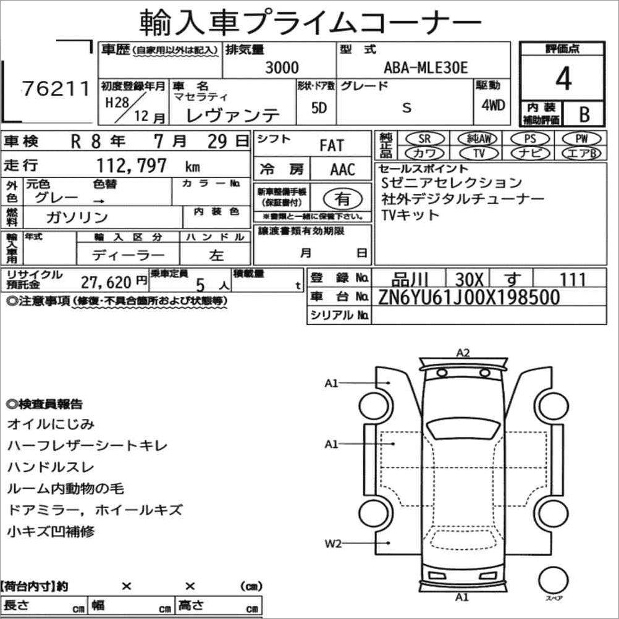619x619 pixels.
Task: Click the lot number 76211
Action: pyautogui.click(x=56, y=88)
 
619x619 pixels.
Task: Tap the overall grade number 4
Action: pyautogui.click(x=563, y=78)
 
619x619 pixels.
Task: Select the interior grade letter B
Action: pyautogui.click(x=584, y=114)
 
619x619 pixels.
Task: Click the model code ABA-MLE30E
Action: pyautogui.click(x=426, y=68)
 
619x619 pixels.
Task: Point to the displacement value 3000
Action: pyautogui.click(x=282, y=68)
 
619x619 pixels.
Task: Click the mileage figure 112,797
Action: pyautogui.click(x=132, y=166)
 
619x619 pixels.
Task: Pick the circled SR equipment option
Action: pyautogui.click(x=424, y=138)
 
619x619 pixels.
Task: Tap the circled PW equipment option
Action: pyautogui.click(x=581, y=138)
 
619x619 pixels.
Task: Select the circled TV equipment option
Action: pyautogui.click(x=479, y=153)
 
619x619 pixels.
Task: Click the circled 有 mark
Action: pyautogui.click(x=342, y=199)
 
